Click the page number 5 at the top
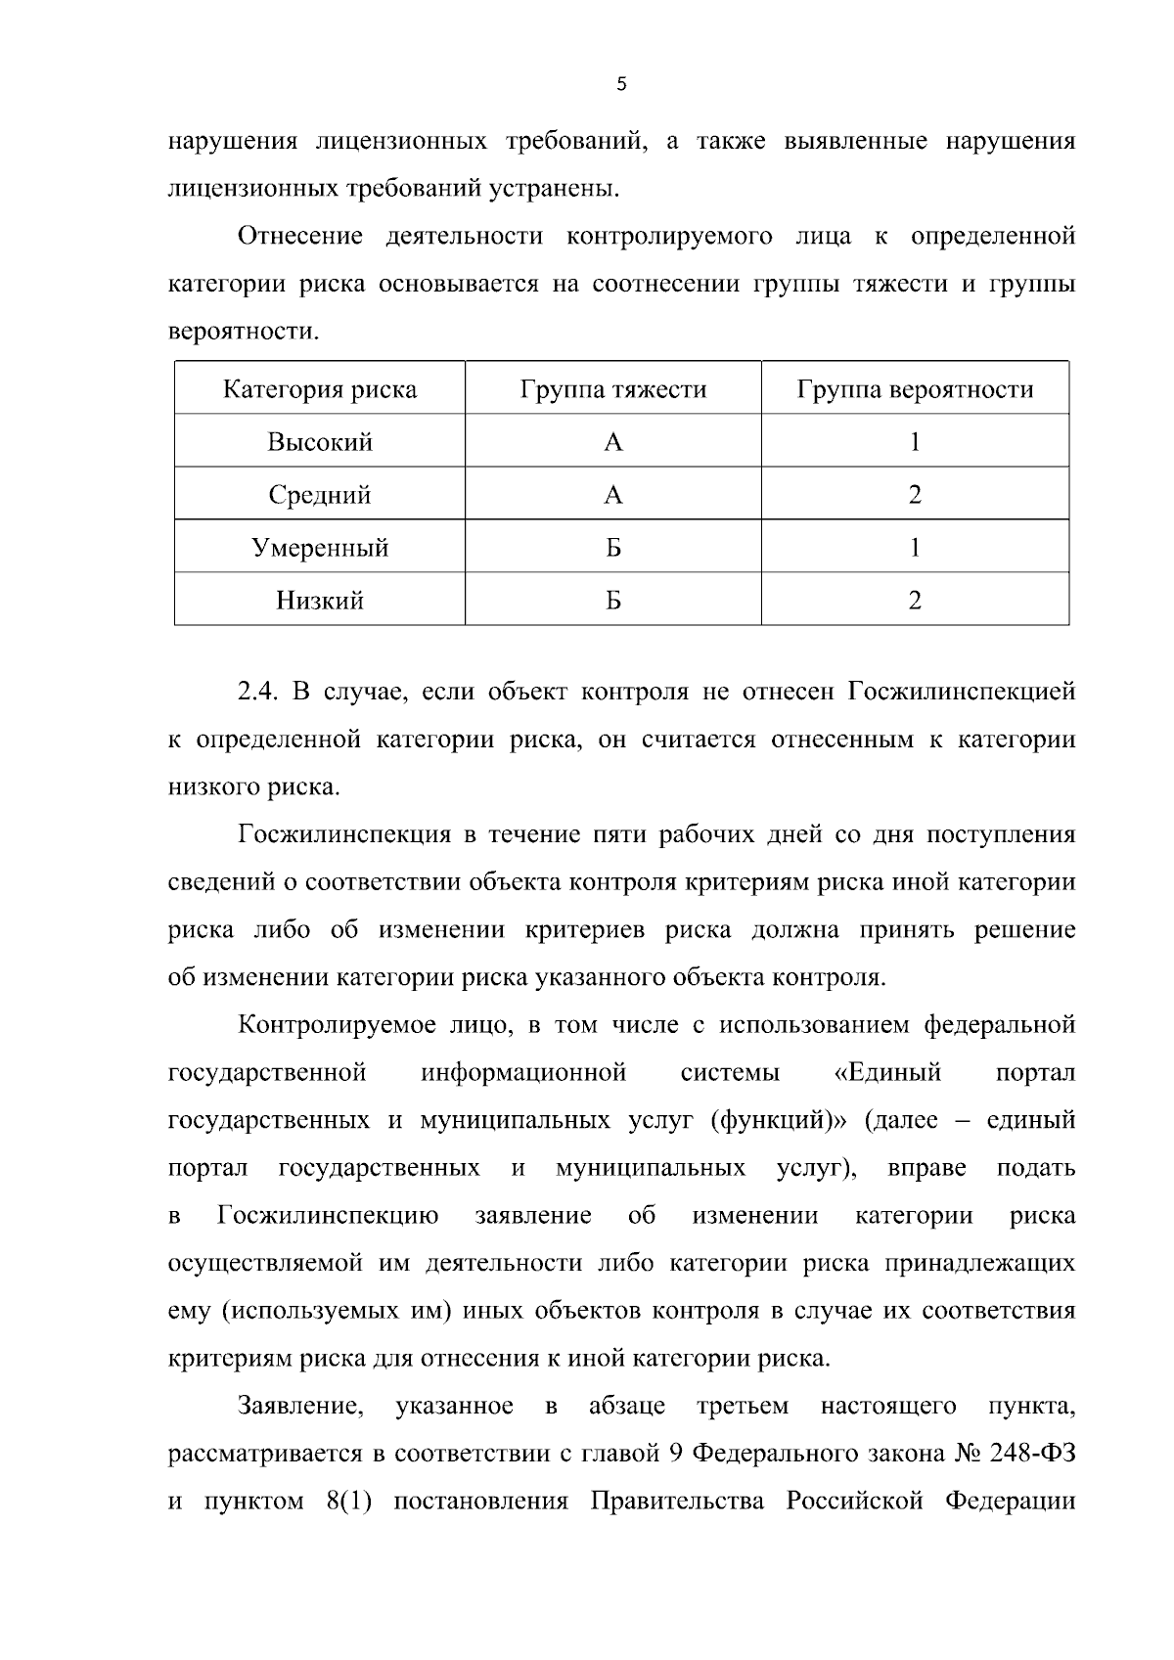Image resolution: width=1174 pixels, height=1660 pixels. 622,85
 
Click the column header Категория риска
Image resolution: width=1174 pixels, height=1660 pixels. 320,389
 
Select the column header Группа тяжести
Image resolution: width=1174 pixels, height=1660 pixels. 612,389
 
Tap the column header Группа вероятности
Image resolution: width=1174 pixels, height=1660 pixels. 915,389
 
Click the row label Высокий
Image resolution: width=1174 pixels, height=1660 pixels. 320,442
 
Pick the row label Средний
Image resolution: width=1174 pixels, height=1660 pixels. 320,495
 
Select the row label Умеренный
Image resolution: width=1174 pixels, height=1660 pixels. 320,548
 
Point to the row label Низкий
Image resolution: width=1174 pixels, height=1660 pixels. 320,600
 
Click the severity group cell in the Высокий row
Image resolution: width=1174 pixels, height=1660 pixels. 612,442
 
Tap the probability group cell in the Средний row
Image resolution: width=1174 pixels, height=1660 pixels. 915,495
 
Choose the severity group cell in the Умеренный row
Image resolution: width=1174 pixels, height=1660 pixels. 612,548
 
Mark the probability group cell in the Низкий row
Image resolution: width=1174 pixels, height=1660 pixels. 915,600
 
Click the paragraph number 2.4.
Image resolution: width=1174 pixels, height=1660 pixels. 259,693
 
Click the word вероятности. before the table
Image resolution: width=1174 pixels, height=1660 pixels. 244,332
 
